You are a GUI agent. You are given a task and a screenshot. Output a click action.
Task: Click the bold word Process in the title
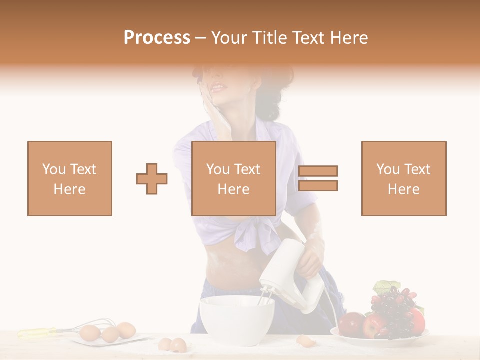157,37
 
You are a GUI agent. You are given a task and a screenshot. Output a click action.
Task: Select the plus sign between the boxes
152,178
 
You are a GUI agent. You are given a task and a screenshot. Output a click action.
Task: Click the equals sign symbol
318,178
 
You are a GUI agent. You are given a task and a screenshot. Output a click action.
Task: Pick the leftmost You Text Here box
70,178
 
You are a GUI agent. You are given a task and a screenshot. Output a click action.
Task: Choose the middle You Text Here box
234,178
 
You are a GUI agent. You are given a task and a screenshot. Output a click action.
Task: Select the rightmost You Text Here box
404,178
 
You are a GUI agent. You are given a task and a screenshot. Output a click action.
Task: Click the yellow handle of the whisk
37,331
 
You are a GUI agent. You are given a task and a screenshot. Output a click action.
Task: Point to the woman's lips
218,87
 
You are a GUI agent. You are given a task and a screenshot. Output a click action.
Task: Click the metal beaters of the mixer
265,298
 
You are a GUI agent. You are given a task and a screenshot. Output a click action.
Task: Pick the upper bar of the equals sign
318,171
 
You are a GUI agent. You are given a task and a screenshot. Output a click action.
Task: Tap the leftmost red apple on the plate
351,323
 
